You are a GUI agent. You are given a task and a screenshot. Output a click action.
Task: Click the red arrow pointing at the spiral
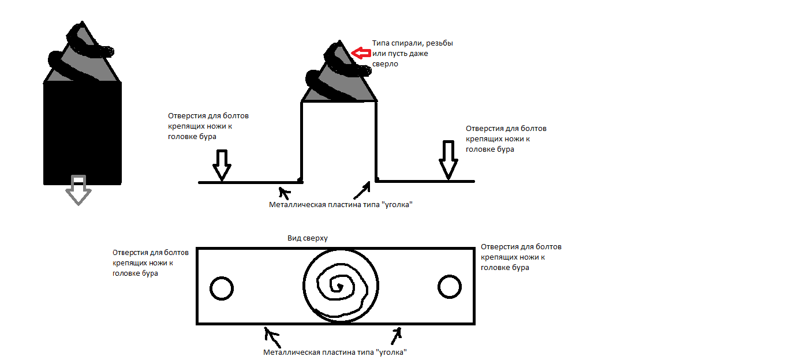(x=361, y=54)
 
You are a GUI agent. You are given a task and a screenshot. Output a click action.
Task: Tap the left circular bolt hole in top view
(x=221, y=287)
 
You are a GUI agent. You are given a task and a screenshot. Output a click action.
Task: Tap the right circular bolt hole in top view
(x=449, y=286)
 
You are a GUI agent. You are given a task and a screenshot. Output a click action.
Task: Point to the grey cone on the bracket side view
(x=339, y=78)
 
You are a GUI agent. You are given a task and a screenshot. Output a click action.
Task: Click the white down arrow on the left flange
(x=222, y=165)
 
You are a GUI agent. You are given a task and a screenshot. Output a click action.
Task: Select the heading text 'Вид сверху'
(x=307, y=238)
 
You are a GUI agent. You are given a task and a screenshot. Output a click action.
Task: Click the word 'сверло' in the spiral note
(x=385, y=65)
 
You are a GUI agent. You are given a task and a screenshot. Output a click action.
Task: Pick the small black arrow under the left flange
(x=282, y=191)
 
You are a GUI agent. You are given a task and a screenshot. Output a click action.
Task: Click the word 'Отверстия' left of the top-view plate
(x=130, y=252)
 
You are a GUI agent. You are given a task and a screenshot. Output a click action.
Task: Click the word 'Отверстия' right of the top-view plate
(x=498, y=247)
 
